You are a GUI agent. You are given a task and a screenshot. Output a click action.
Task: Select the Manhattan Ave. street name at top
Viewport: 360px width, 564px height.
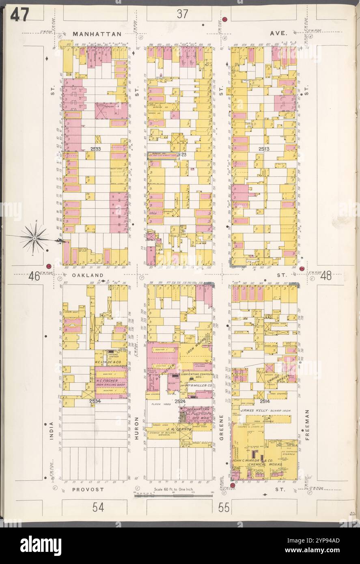click(x=97, y=34)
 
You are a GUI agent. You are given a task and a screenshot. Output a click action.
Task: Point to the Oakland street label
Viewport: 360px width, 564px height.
click(x=86, y=275)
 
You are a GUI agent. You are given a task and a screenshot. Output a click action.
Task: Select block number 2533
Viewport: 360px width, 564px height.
click(x=96, y=149)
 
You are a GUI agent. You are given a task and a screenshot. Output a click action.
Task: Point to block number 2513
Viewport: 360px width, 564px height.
click(x=264, y=149)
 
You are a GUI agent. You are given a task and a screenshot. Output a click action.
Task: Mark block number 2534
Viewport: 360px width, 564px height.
click(x=95, y=401)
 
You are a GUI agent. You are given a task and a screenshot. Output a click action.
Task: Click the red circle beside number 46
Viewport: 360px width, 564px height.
click(x=48, y=266)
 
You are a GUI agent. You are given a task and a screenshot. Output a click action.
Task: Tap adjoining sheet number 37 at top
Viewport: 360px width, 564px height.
click(x=182, y=14)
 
